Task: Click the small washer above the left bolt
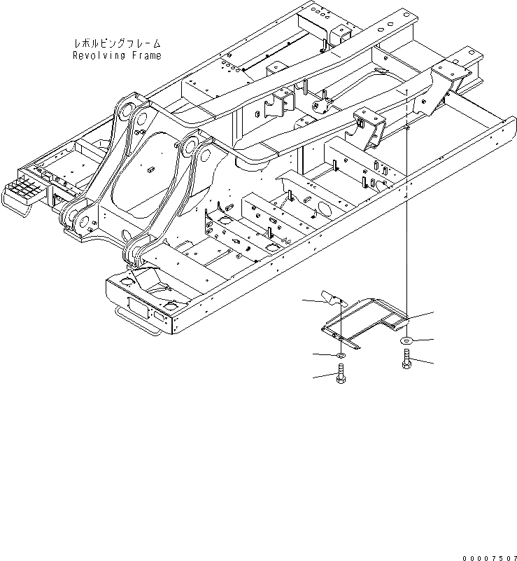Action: pos(339,356)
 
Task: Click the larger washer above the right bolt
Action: pos(406,341)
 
